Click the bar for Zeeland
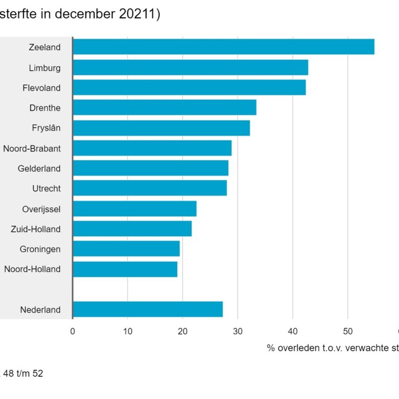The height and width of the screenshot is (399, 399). (x=223, y=47)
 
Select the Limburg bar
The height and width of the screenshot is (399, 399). (x=190, y=67)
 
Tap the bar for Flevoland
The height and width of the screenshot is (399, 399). (x=189, y=87)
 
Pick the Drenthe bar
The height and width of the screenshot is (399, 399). (x=164, y=107)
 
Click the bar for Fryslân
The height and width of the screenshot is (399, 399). (x=161, y=128)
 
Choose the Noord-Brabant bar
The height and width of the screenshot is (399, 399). (x=152, y=148)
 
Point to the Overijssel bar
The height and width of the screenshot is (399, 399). (x=134, y=209)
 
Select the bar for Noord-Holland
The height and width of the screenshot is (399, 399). (x=125, y=269)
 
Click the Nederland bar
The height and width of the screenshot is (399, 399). (x=148, y=309)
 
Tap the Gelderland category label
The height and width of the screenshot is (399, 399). (x=39, y=169)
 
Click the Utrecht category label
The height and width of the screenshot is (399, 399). (x=47, y=189)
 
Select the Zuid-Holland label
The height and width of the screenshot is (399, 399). (x=36, y=229)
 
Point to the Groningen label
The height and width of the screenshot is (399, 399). (x=40, y=249)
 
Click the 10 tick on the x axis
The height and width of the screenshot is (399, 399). (x=128, y=332)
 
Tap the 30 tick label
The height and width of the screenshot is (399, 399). (x=238, y=332)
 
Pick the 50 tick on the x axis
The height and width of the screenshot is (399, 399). (x=348, y=332)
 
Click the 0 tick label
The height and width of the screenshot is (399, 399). (x=73, y=332)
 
